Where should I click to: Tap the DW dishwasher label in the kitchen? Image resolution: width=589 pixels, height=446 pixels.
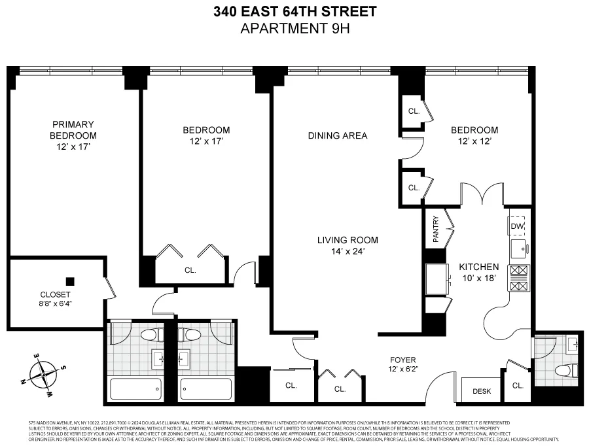click(x=517, y=226)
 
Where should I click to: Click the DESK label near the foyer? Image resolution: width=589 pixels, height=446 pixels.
click(x=481, y=391)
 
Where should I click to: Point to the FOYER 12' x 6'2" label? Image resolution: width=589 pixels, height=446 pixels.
click(x=403, y=365)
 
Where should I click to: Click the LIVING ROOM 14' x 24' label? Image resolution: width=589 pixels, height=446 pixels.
click(x=348, y=245)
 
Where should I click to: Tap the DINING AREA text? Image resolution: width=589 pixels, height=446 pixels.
click(x=338, y=136)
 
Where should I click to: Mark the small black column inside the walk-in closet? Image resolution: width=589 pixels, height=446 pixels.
click(x=70, y=282)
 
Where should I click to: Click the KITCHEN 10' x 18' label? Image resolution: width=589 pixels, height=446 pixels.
click(x=479, y=273)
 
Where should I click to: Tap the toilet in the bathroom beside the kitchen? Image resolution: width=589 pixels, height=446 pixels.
click(x=563, y=371)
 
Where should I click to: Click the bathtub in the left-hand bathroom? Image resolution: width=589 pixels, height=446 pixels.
click(x=136, y=389)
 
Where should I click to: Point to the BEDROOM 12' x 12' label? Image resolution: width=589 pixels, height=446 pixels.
click(x=474, y=135)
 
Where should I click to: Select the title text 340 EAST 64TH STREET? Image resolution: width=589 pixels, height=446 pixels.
click(x=295, y=12)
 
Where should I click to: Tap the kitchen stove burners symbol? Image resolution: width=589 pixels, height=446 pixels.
click(x=518, y=278)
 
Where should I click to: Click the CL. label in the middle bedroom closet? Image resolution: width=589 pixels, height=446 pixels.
click(x=190, y=269)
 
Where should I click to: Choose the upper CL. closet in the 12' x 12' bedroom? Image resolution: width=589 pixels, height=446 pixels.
click(x=414, y=111)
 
